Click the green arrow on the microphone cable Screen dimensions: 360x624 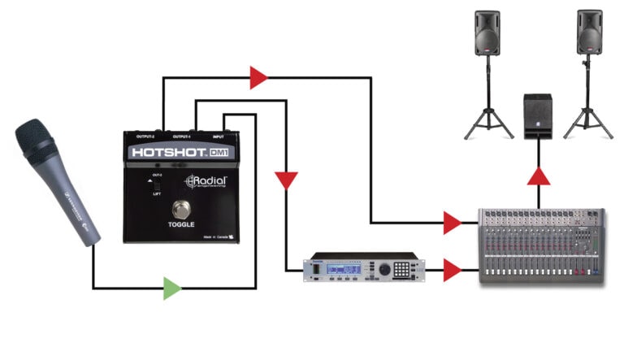[x=171, y=288]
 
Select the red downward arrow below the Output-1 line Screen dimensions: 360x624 [x=286, y=180]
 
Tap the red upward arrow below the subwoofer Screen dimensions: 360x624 [x=538, y=176]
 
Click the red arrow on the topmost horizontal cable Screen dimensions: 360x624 [x=258, y=78]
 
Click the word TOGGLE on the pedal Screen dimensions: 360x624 [x=181, y=224]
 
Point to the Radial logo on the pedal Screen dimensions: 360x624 [x=206, y=182]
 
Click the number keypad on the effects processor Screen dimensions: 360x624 [x=401, y=270]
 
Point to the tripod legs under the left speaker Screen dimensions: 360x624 [x=487, y=118]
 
